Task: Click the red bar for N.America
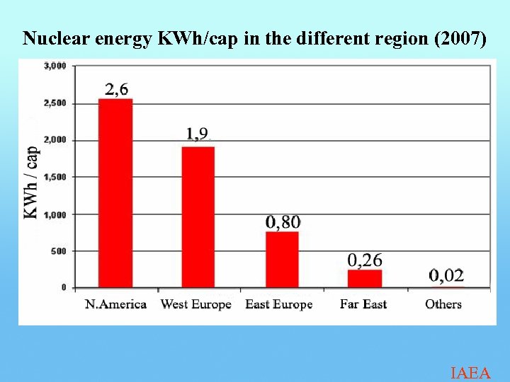[x=115, y=193]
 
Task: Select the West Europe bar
[x=198, y=216]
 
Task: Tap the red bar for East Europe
[x=282, y=259]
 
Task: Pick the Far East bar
[x=365, y=278]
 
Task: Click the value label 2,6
[x=117, y=89]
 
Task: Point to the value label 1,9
[x=198, y=133]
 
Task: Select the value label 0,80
[x=283, y=222]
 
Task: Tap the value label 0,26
[x=365, y=260]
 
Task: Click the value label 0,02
[x=446, y=275]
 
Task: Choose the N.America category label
[x=115, y=304]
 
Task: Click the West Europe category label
[x=196, y=304]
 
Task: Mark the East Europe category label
[x=279, y=304]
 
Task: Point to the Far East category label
[x=363, y=304]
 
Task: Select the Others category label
[x=443, y=304]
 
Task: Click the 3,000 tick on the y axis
[x=55, y=66]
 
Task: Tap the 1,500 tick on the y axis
[x=55, y=177]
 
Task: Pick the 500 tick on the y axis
[x=58, y=251]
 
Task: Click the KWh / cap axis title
[x=31, y=182]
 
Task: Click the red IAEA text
[x=470, y=373]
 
